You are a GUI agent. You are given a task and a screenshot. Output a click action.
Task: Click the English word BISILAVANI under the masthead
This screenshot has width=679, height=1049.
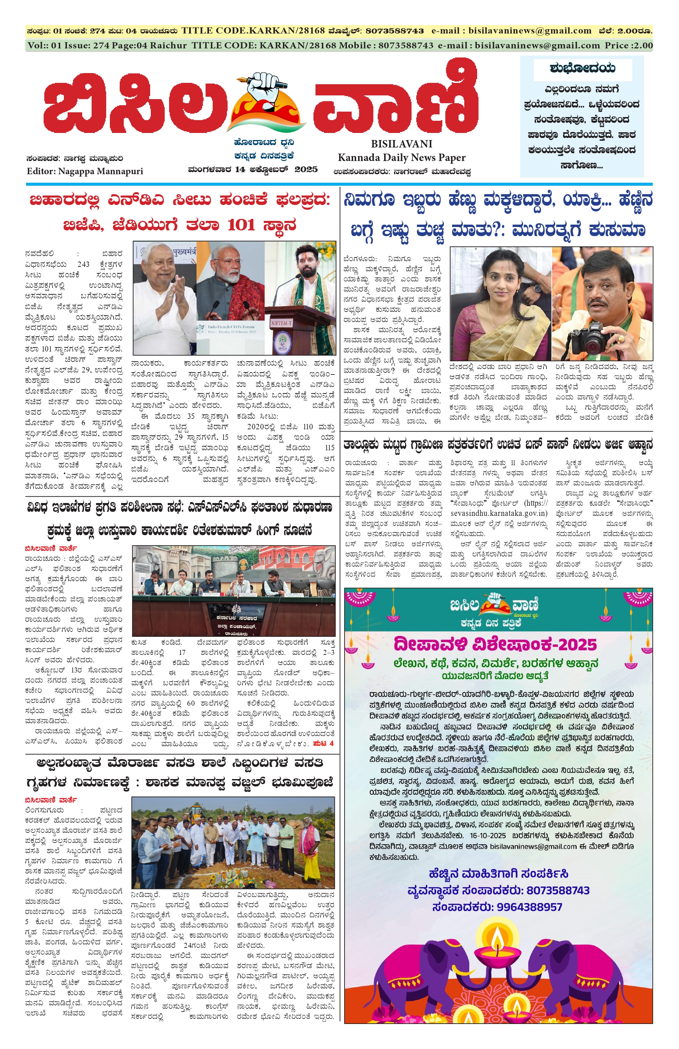tap(401, 144)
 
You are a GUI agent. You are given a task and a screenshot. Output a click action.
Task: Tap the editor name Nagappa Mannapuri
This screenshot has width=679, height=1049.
tap(100, 171)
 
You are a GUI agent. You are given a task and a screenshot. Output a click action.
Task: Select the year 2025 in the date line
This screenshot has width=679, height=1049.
tap(306, 169)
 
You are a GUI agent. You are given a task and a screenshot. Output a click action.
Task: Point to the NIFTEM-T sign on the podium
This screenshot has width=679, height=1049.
tap(281, 323)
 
